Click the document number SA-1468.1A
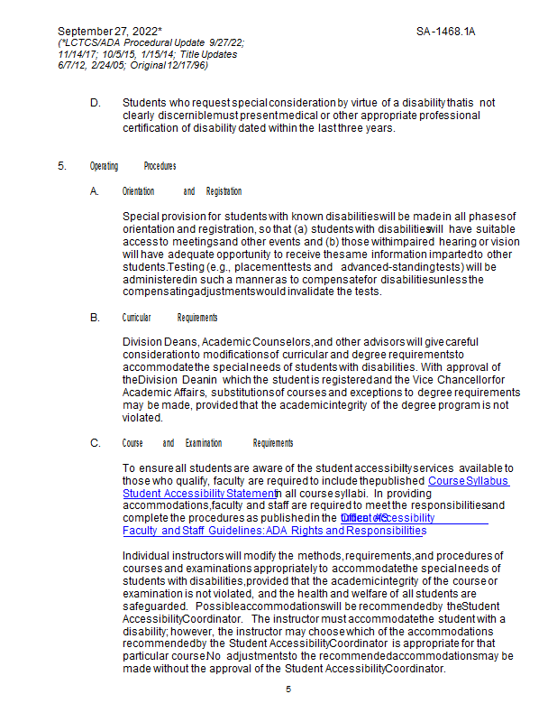point(445,32)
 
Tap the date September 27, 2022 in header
point(109,32)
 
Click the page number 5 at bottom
point(288,690)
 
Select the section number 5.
point(62,166)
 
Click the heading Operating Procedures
point(132,166)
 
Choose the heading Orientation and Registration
point(181,191)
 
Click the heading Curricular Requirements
point(169,318)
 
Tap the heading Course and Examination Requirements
point(207,443)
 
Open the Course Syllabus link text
point(468,481)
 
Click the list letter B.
point(95,318)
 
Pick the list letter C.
point(95,443)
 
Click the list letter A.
point(95,191)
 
